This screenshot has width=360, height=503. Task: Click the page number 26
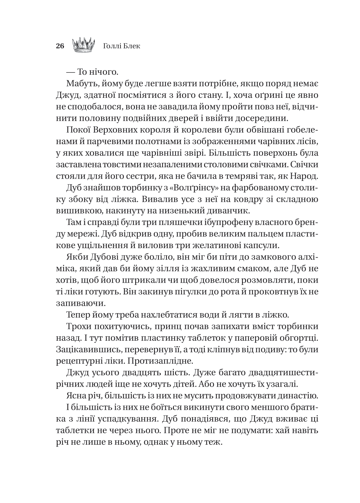pyautogui.click(x=60, y=46)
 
